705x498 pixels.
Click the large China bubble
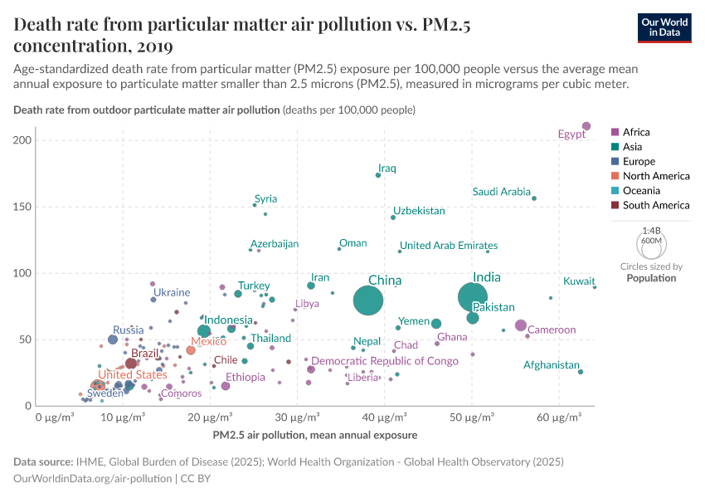click(x=368, y=300)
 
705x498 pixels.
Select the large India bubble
click(x=473, y=296)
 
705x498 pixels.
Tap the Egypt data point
click(x=586, y=126)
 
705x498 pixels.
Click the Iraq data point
click(x=378, y=175)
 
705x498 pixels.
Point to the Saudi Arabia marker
click(x=534, y=198)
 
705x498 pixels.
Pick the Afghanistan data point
click(x=581, y=372)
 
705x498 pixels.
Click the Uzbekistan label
click(x=419, y=211)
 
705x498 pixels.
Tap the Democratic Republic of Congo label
click(x=385, y=361)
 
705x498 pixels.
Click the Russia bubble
click(x=113, y=339)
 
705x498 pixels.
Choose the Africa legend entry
click(x=636, y=132)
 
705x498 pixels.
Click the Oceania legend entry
click(x=641, y=191)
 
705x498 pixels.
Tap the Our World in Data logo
click(x=664, y=27)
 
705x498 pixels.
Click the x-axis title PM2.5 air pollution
click(x=314, y=434)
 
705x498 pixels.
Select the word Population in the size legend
click(x=651, y=278)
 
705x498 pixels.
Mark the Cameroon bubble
click(x=521, y=325)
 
